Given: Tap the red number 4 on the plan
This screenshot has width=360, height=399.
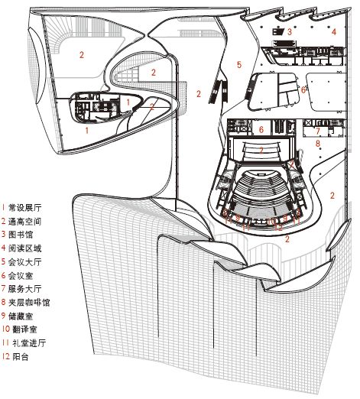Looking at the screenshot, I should click(x=334, y=32).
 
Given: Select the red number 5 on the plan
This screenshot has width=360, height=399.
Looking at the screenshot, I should click(x=239, y=66).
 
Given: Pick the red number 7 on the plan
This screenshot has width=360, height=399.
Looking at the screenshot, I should click(x=318, y=131).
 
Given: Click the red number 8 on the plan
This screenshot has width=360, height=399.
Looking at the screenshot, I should click(x=318, y=143).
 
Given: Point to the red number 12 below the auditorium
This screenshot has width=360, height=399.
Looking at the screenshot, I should click(x=280, y=226).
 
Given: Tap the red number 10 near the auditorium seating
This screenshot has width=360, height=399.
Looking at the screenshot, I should click(x=271, y=220).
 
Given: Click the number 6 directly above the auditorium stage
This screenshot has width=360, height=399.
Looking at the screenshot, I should click(x=261, y=131).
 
